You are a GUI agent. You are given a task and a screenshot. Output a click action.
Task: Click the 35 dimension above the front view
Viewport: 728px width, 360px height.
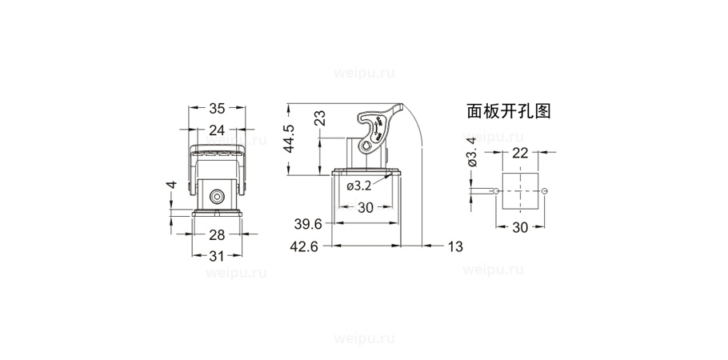click(x=217, y=109)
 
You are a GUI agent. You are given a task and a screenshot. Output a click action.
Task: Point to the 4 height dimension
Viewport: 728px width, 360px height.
click(x=170, y=186)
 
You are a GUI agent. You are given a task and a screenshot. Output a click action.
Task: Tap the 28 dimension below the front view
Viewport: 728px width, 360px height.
click(x=217, y=234)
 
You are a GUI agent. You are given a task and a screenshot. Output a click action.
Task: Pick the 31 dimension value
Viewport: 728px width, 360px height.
click(x=217, y=256)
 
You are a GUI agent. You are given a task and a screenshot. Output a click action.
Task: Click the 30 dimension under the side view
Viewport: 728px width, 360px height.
click(x=366, y=206)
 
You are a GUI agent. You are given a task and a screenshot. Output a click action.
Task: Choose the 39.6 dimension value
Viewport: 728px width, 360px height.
click(x=307, y=224)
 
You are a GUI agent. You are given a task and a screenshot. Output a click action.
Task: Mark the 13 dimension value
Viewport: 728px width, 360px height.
click(x=454, y=246)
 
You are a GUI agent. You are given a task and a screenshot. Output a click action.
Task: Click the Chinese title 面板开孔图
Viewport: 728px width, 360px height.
click(x=508, y=111)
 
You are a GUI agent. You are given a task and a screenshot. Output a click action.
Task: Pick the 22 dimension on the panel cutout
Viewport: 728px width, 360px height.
click(x=520, y=153)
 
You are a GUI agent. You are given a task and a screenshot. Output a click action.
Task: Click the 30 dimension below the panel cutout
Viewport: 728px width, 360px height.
click(x=520, y=227)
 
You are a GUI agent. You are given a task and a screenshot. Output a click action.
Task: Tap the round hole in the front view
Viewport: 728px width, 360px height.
click(x=217, y=197)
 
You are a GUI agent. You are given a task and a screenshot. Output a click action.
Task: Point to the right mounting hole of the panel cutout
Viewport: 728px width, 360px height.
click(x=545, y=190)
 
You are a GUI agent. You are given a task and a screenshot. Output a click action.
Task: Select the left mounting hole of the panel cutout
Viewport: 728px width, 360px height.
click(x=497, y=190)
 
